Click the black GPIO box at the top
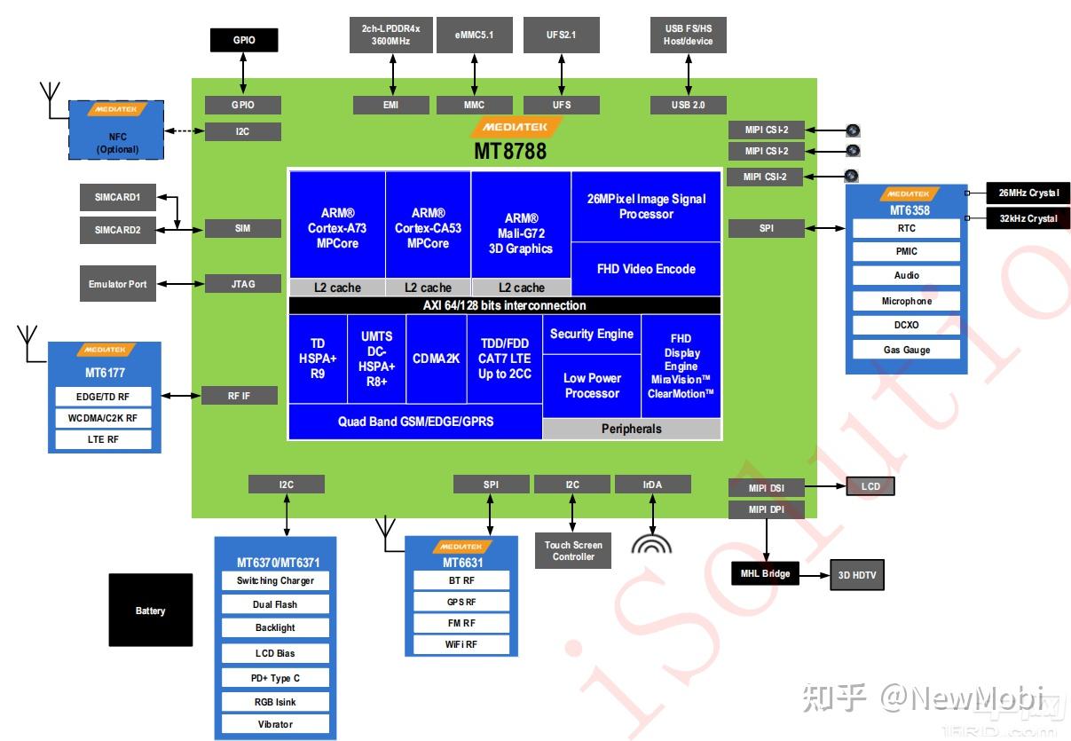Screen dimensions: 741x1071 tap(243, 40)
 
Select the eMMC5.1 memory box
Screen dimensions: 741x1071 tap(474, 35)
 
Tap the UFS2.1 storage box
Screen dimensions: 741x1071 tap(561, 35)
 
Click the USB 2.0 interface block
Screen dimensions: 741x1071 tap(688, 105)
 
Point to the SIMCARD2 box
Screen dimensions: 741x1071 tap(118, 230)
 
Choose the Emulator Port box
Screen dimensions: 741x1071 tap(117, 284)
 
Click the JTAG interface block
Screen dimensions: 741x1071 tap(242, 284)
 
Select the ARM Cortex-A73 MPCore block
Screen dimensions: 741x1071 tap(337, 228)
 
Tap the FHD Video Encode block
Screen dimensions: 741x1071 tap(645, 269)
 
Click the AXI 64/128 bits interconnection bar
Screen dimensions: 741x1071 tap(504, 305)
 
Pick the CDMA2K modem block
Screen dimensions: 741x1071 tap(436, 359)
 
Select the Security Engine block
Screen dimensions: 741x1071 tap(591, 334)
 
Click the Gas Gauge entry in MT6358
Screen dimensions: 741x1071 tap(906, 350)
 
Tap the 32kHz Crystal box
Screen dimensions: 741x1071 tap(1029, 218)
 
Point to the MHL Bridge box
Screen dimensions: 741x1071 tap(765, 574)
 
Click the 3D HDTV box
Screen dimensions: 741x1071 tap(856, 575)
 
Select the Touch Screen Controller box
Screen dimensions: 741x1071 tap(573, 551)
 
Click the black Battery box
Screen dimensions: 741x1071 tap(150, 611)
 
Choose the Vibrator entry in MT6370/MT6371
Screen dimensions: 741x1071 tap(275, 724)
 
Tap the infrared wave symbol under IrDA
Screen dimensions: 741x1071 tap(651, 544)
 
